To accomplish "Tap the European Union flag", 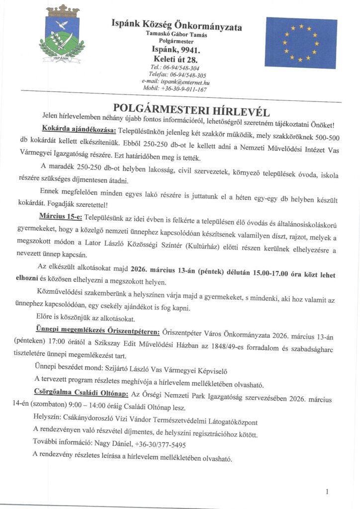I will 301,43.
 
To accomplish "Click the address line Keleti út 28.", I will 176,59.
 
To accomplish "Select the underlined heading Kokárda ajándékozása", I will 79,130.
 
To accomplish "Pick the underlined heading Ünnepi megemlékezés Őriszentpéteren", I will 97,330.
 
